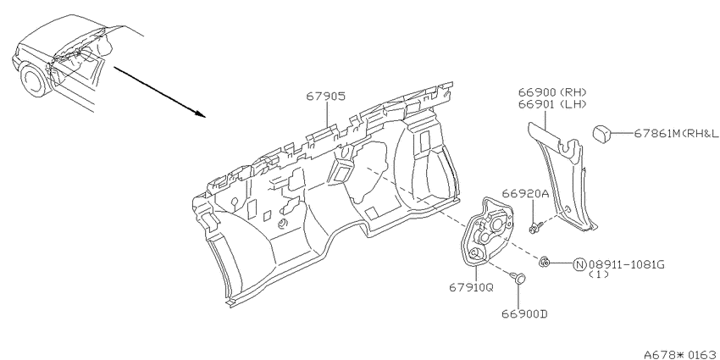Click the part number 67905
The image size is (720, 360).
pyautogui.click(x=326, y=97)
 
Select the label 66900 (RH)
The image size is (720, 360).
pyautogui.click(x=553, y=92)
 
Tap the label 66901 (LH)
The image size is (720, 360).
pyautogui.click(x=553, y=104)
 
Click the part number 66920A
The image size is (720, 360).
pyautogui.click(x=525, y=194)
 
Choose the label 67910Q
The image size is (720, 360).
pyautogui.click(x=471, y=288)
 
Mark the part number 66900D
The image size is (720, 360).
pyautogui.click(x=525, y=314)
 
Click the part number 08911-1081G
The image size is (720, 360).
pyautogui.click(x=626, y=264)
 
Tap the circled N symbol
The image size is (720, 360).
pyautogui.click(x=580, y=264)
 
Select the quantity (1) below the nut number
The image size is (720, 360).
pyautogui.click(x=599, y=274)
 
